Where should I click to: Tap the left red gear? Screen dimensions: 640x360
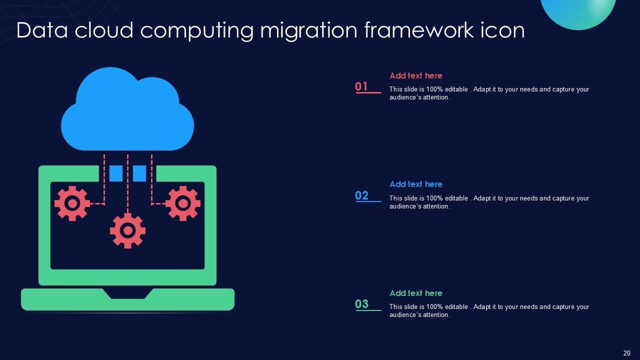click(72, 203)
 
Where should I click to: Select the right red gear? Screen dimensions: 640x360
click(182, 203)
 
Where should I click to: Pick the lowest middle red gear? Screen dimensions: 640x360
click(127, 230)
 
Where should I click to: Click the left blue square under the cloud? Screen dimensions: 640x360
click(116, 173)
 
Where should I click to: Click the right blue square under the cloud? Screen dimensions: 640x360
click(139, 173)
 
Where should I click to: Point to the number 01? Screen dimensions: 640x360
click(361, 86)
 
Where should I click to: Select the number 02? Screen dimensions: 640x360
click(361, 195)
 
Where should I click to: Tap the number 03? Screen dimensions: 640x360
click(361, 304)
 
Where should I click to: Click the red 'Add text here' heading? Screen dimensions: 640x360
click(416, 75)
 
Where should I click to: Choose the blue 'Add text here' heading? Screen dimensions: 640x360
click(416, 184)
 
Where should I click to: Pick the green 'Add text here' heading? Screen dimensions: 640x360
click(416, 293)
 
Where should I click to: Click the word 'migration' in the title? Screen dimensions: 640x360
click(308, 31)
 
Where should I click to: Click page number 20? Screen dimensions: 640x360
click(626, 353)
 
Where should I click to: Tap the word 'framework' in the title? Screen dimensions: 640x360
click(419, 30)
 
